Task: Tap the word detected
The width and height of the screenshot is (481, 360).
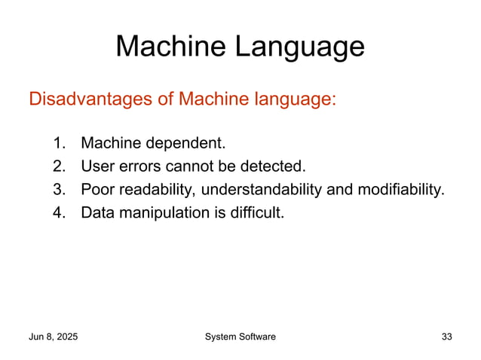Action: point(276,166)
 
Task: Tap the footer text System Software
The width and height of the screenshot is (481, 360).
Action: point(240,337)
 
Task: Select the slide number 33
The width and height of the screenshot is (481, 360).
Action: point(446,337)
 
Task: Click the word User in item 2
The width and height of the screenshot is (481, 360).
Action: point(96,166)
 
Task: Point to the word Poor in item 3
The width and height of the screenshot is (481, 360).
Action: point(96,189)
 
